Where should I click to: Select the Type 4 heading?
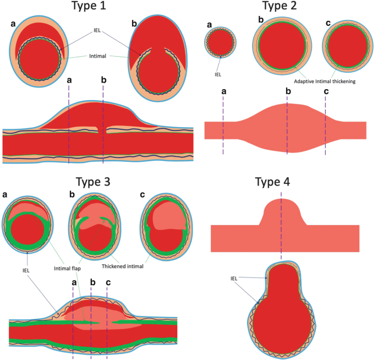pos(280,183)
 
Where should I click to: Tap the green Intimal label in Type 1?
pos(100,55)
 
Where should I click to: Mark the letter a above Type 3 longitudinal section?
pos(74,282)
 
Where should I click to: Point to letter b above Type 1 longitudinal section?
pos(104,80)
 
